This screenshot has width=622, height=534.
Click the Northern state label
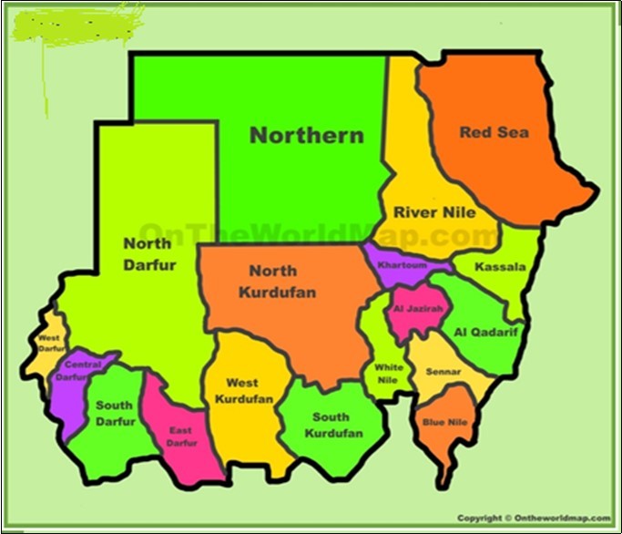click(x=307, y=136)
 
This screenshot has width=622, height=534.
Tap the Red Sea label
click(x=494, y=132)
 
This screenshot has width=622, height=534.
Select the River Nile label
click(x=434, y=212)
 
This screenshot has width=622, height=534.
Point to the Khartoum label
click(x=402, y=265)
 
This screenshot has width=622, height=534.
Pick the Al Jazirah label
click(x=418, y=309)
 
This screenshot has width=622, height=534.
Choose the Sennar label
click(x=443, y=372)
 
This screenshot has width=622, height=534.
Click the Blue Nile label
click(x=444, y=422)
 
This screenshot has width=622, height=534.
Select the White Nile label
click(x=388, y=373)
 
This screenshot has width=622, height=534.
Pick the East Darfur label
click(x=181, y=436)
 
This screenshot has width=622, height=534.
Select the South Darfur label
click(x=115, y=413)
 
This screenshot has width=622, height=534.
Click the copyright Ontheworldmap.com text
click(x=534, y=518)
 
